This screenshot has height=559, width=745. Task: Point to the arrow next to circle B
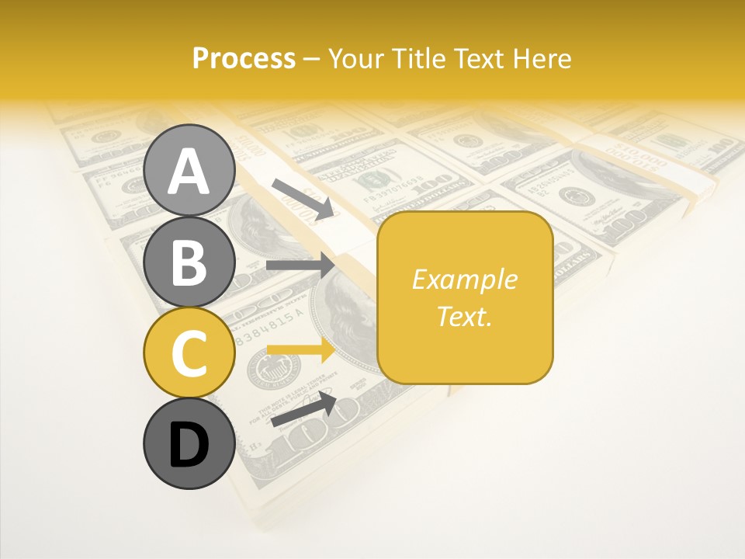coord(300,266)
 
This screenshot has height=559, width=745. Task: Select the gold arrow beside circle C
coord(300,350)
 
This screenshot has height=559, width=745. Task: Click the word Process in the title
coord(244,59)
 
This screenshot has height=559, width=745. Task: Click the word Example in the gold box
coord(464,279)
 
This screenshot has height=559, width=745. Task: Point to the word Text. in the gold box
coord(464,316)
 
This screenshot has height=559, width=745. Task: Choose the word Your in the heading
coord(355,59)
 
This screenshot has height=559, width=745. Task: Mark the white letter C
coord(189,353)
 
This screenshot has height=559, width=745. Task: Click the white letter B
coord(189,262)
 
